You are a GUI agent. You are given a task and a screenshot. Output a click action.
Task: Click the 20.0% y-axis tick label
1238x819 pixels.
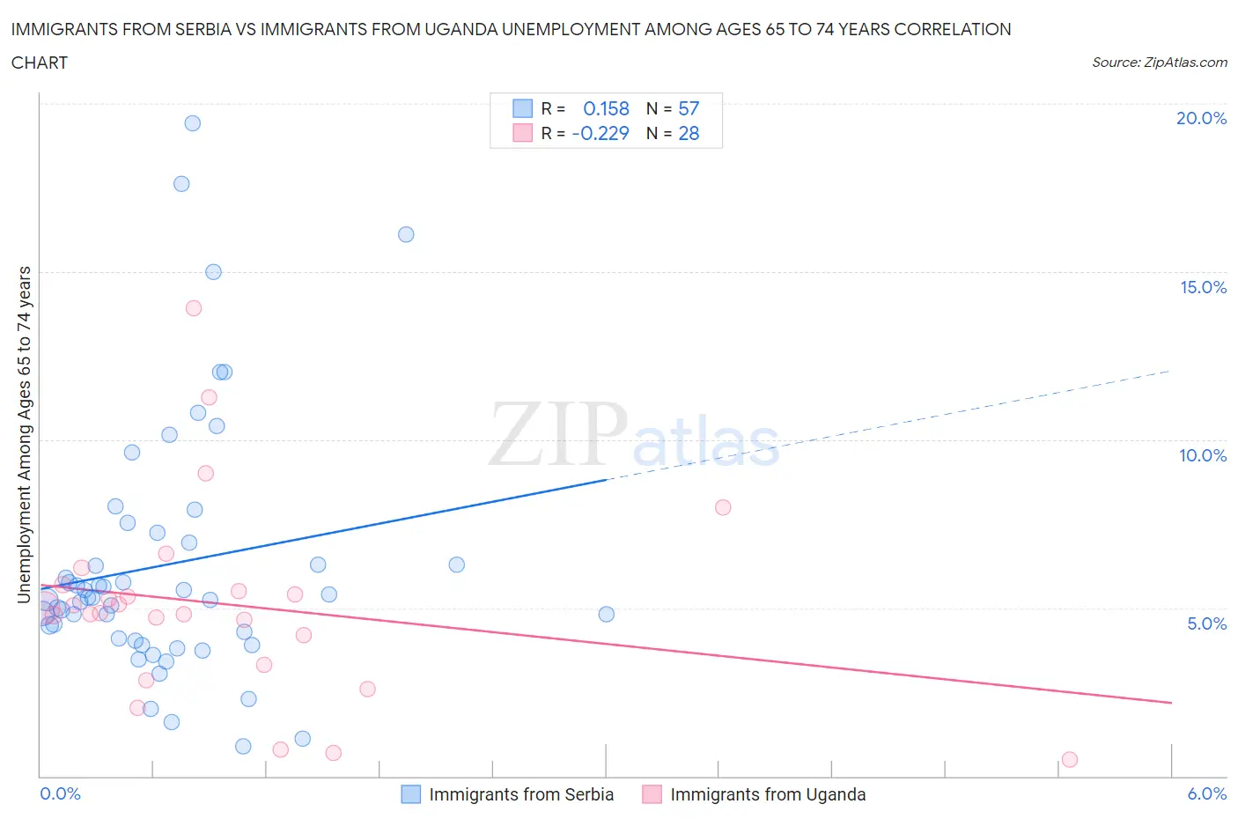[1201, 118]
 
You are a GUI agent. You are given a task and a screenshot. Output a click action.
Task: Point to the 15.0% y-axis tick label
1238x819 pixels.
[1203, 287]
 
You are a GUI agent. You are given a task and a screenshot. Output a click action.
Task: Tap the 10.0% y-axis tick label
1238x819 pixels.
[1203, 455]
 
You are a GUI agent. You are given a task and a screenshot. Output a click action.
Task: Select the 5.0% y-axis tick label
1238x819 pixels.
[1206, 623]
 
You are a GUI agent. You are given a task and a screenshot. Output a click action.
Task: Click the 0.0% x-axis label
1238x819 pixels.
[60, 793]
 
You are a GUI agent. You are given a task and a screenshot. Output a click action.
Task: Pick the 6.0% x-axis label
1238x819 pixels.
[1206, 793]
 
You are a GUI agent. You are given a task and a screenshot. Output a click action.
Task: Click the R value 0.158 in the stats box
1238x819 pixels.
[606, 108]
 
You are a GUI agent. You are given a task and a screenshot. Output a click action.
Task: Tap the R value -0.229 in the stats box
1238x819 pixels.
[601, 133]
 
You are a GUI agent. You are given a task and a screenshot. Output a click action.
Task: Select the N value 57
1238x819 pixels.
[689, 108]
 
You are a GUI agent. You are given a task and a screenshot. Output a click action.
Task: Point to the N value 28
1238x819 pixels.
[689, 133]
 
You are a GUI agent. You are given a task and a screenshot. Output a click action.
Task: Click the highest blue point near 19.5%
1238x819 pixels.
[192, 123]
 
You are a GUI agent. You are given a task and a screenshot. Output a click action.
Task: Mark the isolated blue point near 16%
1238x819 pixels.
[406, 234]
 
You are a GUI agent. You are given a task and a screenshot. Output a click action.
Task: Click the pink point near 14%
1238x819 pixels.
[194, 308]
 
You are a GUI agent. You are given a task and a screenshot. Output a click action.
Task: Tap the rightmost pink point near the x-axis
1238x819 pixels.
[1070, 759]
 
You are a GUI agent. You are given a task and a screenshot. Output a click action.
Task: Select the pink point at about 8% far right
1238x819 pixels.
[723, 507]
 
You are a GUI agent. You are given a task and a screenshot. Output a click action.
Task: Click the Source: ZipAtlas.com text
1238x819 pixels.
[1159, 62]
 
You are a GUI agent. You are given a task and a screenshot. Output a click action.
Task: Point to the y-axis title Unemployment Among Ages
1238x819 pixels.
[24, 434]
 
